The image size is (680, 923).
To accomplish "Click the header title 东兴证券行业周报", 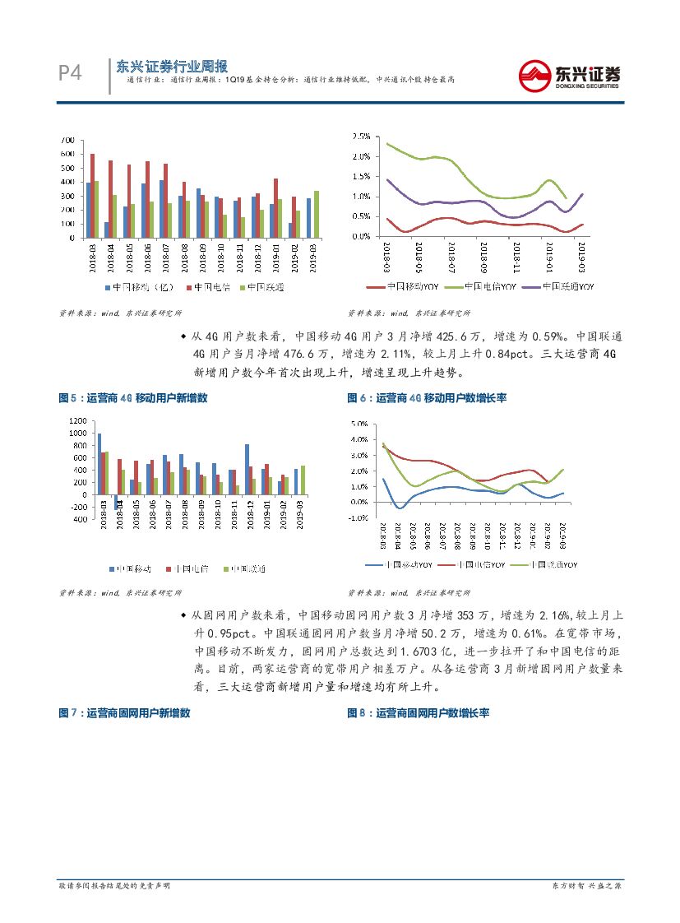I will [171, 67].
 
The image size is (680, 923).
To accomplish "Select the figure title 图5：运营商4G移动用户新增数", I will [132, 398].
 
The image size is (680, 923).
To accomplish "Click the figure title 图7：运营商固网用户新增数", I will [124, 713].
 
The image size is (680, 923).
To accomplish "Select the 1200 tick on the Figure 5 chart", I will [75, 420].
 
